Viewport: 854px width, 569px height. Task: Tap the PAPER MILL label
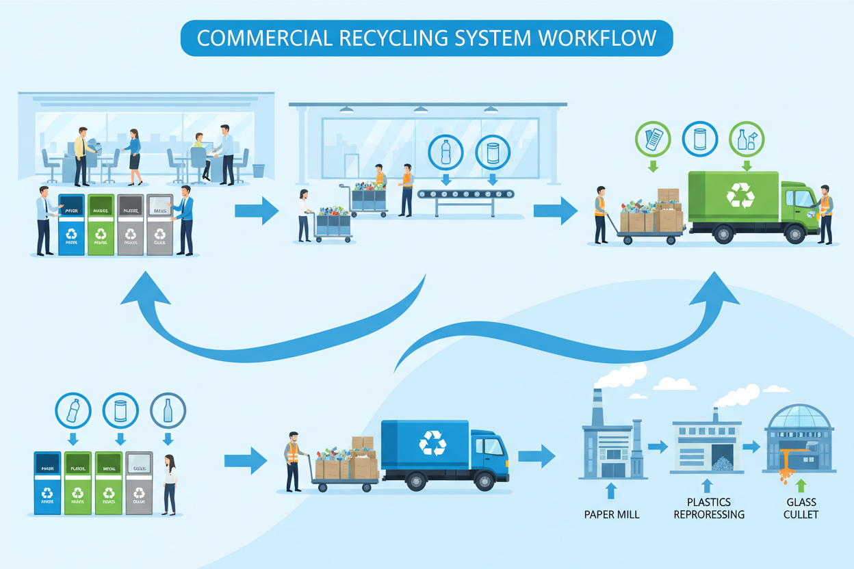tap(612, 514)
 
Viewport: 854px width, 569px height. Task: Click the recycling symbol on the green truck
tap(740, 194)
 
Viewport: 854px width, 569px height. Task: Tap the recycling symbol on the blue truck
tap(432, 442)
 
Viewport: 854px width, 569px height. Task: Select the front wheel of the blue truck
tap(488, 482)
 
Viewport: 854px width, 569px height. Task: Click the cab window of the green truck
tap(799, 199)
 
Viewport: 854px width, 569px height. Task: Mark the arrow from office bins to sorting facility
tap(256, 211)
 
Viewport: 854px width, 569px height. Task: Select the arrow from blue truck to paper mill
tap(536, 455)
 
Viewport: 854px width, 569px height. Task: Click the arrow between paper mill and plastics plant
tap(658, 447)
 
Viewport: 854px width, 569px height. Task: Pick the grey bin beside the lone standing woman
tap(140, 483)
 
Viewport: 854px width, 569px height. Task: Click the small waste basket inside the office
tap(259, 170)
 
